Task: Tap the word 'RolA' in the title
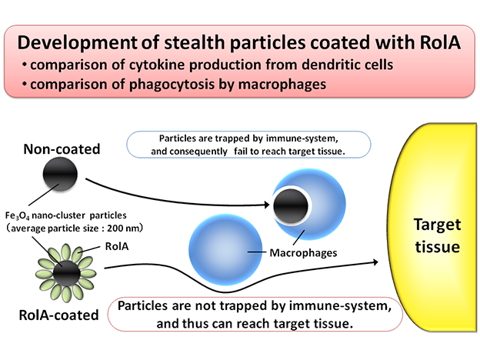click(440, 42)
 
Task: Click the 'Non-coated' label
click(62, 149)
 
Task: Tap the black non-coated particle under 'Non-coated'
click(60, 174)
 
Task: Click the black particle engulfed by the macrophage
click(291, 205)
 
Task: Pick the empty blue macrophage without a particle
click(225, 250)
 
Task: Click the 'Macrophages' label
click(303, 253)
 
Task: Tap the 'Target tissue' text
click(437, 235)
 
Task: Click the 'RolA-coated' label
click(58, 315)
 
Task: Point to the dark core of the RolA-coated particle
click(66, 273)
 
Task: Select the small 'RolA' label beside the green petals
click(117, 246)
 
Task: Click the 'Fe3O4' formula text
click(17, 216)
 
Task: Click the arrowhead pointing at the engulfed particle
click(266, 205)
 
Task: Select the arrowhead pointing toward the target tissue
click(375, 262)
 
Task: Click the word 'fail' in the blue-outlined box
click(241, 152)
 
